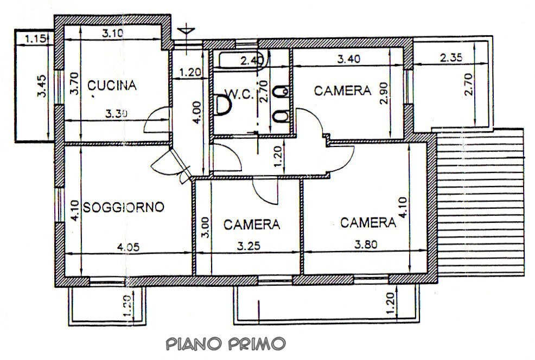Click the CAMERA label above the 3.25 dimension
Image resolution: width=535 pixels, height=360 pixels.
(x=251, y=224)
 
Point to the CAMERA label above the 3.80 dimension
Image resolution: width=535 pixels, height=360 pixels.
(x=367, y=222)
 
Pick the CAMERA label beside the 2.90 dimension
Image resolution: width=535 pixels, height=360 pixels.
(x=343, y=91)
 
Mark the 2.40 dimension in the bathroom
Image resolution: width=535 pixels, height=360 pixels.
(x=251, y=60)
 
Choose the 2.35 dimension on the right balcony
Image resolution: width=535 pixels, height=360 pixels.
(x=451, y=57)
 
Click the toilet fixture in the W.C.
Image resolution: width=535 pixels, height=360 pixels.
(x=222, y=106)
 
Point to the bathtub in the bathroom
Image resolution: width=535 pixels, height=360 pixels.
(x=239, y=61)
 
